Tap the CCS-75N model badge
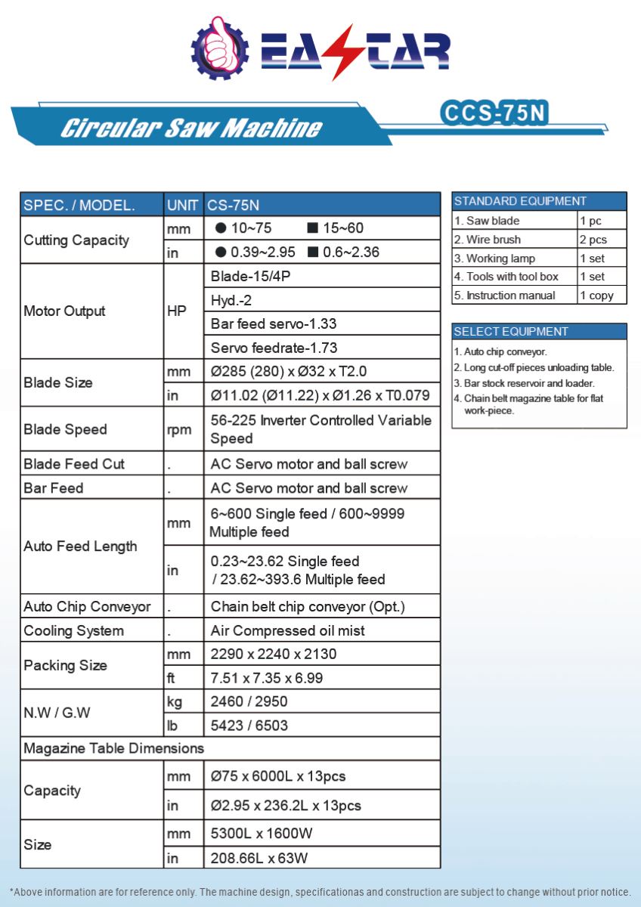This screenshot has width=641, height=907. (x=493, y=112)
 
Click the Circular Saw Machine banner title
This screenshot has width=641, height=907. (x=190, y=128)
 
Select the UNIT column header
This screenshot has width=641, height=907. (x=183, y=205)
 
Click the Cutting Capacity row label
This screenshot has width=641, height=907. (x=76, y=240)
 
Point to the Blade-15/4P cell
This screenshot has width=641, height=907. (x=250, y=277)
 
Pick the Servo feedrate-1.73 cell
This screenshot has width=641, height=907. (x=274, y=348)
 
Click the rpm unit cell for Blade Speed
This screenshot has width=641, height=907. (x=179, y=429)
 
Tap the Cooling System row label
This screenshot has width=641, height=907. (x=73, y=630)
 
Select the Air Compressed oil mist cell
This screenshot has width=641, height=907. (x=287, y=630)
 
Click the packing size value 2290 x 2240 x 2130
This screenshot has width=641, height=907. (x=274, y=654)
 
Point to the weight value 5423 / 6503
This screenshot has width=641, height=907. (x=249, y=726)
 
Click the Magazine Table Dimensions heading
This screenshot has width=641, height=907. (x=114, y=748)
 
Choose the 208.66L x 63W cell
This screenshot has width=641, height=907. (x=259, y=858)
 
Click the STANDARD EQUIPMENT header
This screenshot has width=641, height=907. (x=520, y=201)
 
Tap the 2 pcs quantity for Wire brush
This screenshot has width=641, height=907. (x=593, y=240)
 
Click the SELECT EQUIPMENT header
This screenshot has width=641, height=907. (x=511, y=331)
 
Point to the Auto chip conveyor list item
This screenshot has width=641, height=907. (x=500, y=351)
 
